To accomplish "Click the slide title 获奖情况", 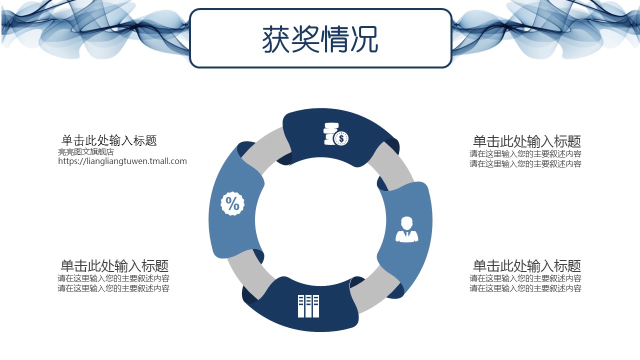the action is (x=320, y=39).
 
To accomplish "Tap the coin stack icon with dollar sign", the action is (x=336, y=134).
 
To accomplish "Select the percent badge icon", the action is (x=232, y=203).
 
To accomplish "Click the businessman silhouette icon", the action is (x=407, y=229).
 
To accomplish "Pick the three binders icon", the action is (x=308, y=306).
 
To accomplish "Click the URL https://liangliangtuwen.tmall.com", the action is (x=122, y=161).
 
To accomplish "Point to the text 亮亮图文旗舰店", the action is (x=86, y=151).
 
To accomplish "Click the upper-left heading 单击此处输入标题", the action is (x=109, y=140).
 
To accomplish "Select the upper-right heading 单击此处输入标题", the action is (x=527, y=141).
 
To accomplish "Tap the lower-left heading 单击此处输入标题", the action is (x=114, y=265).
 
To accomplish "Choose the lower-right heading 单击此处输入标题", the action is (x=527, y=265).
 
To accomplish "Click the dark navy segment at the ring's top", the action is (x=337, y=137).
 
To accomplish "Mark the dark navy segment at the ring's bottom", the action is (x=303, y=305).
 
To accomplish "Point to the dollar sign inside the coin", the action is (x=341, y=139).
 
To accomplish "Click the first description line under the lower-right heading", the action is (x=525, y=278).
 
